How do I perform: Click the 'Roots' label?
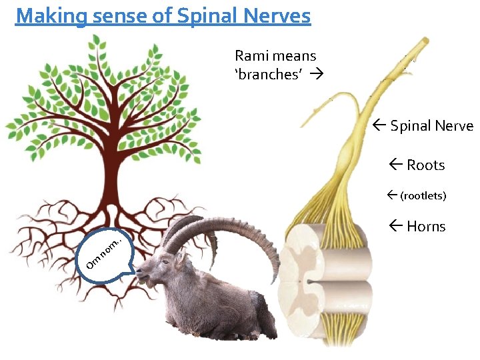tap(425, 165)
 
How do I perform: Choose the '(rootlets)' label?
tap(423, 196)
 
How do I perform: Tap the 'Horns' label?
tap(426, 227)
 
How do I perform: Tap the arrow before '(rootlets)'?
tap(391, 196)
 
